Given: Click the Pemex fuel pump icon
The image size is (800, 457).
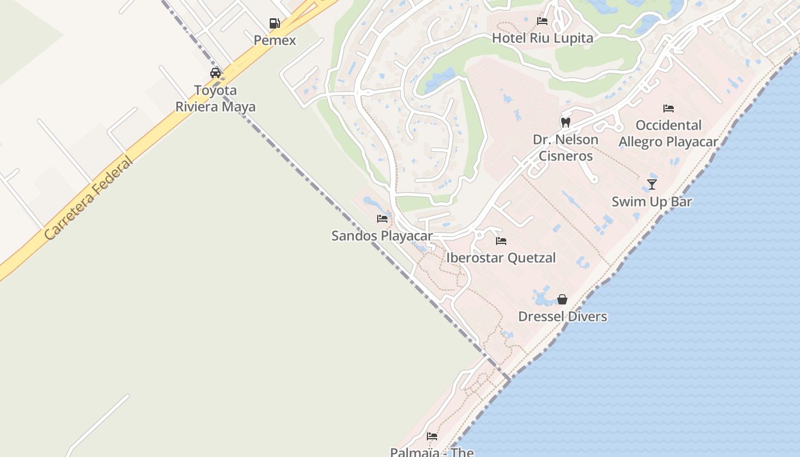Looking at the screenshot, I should pyautogui.click(x=275, y=23).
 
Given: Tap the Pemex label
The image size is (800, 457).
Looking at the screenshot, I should pyautogui.click(x=275, y=41).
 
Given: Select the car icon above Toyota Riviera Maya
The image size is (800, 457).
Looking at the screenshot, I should pyautogui.click(x=215, y=73).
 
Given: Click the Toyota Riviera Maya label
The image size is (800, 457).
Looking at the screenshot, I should pyautogui.click(x=215, y=98).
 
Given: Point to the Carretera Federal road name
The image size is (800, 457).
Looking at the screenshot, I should pyautogui.click(x=88, y=198).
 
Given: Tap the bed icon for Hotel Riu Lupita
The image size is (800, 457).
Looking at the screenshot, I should pyautogui.click(x=542, y=21).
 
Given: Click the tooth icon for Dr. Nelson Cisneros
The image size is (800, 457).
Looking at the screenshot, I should pyautogui.click(x=566, y=122).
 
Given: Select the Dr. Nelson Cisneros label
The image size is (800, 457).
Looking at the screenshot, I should pyautogui.click(x=566, y=147).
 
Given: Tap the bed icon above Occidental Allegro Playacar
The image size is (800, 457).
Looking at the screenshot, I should pyautogui.click(x=669, y=108).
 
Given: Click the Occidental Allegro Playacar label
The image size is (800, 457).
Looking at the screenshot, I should pyautogui.click(x=669, y=133).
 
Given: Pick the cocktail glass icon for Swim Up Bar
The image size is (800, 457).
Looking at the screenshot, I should pyautogui.click(x=652, y=184).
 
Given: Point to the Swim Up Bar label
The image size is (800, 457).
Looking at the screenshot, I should pyautogui.click(x=652, y=202).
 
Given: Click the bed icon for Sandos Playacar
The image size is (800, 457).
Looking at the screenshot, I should pyautogui.click(x=382, y=219).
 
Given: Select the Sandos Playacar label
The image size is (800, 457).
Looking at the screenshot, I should pyautogui.click(x=382, y=236).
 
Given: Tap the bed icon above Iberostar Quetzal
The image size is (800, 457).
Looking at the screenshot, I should pyautogui.click(x=501, y=240).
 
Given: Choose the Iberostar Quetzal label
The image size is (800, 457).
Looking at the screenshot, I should pyautogui.click(x=501, y=258).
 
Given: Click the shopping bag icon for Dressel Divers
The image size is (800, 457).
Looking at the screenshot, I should pyautogui.click(x=562, y=299).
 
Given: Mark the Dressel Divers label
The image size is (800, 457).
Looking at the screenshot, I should pyautogui.click(x=562, y=316).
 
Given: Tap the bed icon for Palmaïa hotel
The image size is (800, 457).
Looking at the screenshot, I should pyautogui.click(x=432, y=436).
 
